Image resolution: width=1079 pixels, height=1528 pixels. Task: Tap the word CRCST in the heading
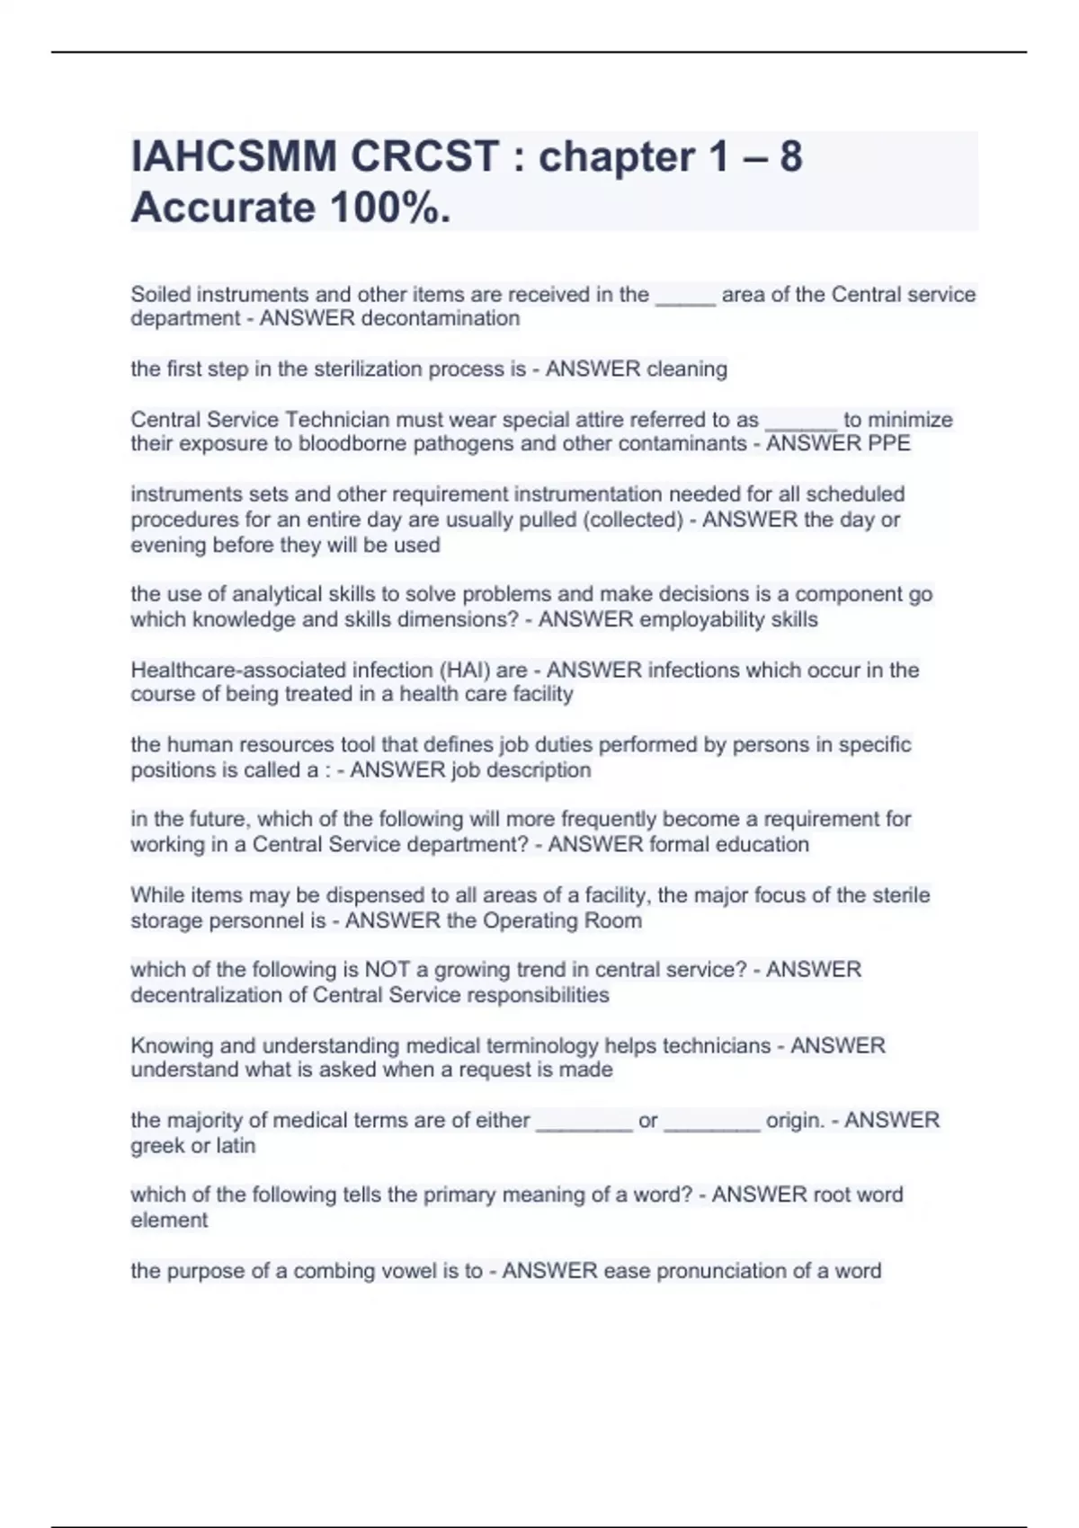pos(424,157)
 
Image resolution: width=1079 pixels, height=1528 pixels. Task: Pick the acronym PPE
pos(891,443)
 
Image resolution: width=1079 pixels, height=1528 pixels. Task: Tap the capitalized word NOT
pos(387,969)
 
